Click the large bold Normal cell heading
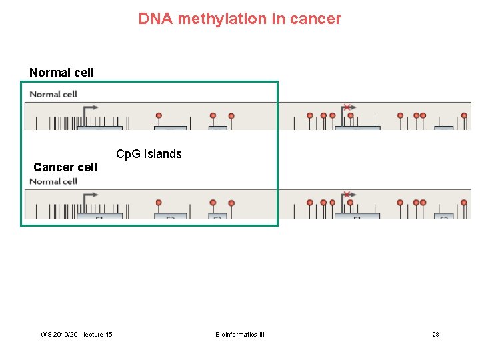(61, 72)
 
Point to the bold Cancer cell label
(65, 167)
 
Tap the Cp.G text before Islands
(128, 154)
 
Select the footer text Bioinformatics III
(240, 334)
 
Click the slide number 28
(435, 334)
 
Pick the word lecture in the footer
(89, 334)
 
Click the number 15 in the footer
(109, 334)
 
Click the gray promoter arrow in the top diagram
(91, 107)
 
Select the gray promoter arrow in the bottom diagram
(91, 195)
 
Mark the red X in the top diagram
(347, 107)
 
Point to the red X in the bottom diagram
(347, 195)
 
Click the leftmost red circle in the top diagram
(159, 115)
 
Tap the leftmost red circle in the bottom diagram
(159, 202)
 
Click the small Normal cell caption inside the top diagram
(53, 94)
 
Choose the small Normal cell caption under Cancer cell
(53, 181)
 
